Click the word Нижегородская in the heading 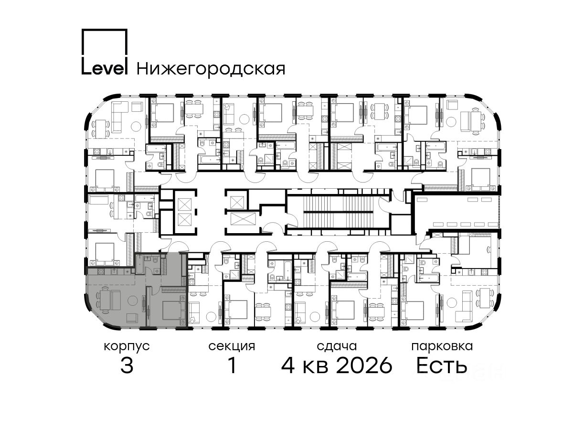211,69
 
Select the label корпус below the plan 127,347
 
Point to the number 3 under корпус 127,365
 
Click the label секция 232,347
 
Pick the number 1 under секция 232,365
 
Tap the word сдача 337,347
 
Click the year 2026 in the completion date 364,365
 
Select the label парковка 442,346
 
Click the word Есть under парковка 442,365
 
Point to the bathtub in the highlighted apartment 139,265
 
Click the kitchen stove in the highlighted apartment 101,271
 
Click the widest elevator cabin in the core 243,219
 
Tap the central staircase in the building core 339,212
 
